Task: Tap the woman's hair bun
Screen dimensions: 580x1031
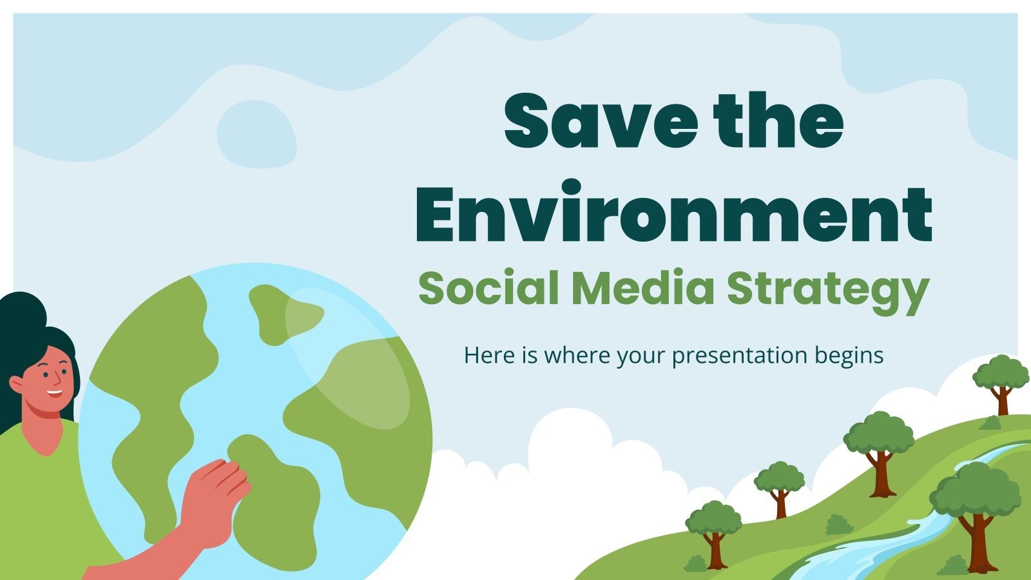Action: click(22, 313)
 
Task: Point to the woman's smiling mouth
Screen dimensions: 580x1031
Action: click(55, 393)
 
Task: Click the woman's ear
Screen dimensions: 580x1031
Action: click(15, 385)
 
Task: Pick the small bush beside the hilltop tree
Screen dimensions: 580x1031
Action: click(990, 423)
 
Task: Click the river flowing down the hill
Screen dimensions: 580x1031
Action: click(896, 538)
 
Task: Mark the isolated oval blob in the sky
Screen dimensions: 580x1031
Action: click(257, 133)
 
